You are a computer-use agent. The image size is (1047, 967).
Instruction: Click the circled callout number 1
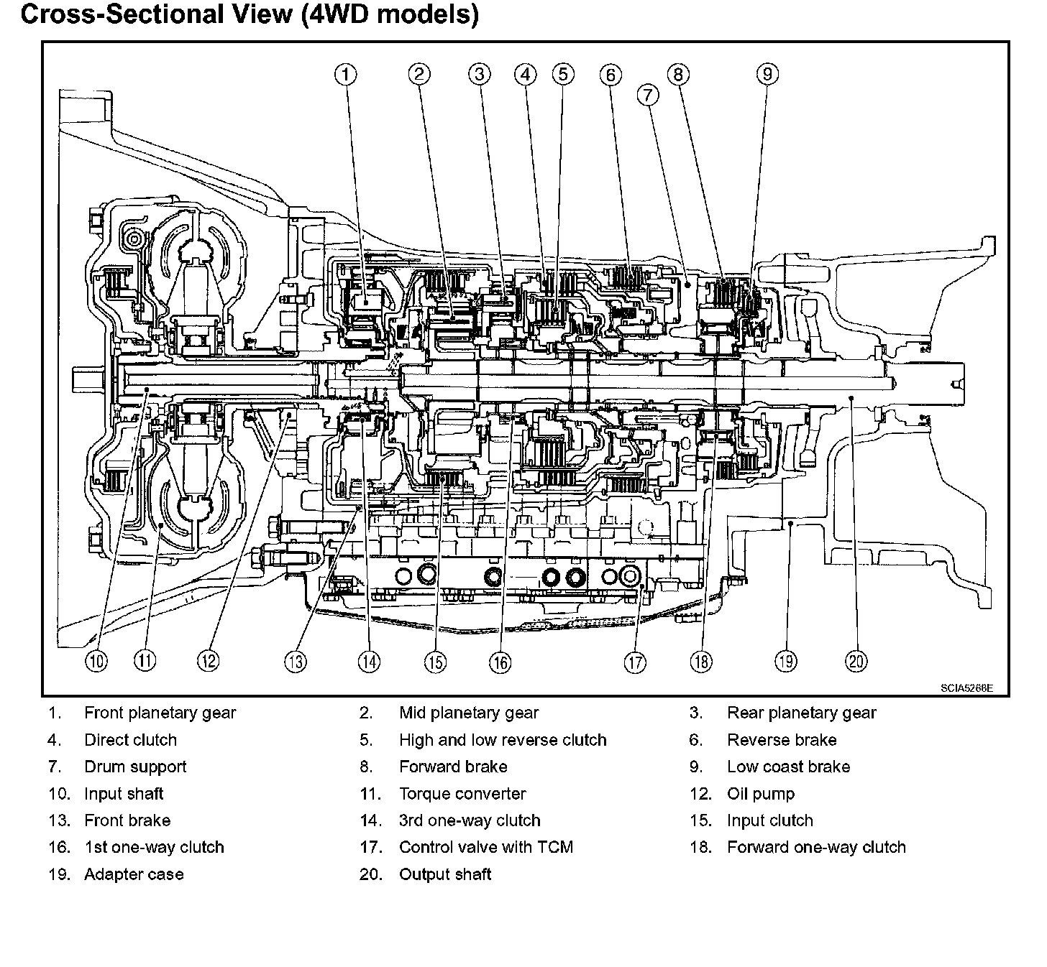pyautogui.click(x=346, y=74)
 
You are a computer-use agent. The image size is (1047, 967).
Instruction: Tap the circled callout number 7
pyautogui.click(x=647, y=95)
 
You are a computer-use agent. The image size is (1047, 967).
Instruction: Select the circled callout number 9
pyautogui.click(x=767, y=74)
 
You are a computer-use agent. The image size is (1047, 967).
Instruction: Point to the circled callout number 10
pyautogui.click(x=96, y=661)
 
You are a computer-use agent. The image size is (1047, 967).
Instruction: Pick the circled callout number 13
pyautogui.click(x=295, y=662)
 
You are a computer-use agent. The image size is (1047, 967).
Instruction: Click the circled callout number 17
pyautogui.click(x=635, y=662)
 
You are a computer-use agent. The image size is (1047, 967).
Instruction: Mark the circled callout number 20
pyautogui.click(x=856, y=661)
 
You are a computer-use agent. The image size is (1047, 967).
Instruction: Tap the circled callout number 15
pyautogui.click(x=434, y=662)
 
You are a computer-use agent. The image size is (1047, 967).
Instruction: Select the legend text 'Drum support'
pyautogui.click(x=135, y=767)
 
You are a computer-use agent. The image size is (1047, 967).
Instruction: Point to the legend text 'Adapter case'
pyautogui.click(x=134, y=875)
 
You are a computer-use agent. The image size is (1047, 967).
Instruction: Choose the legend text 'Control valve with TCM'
pyautogui.click(x=486, y=848)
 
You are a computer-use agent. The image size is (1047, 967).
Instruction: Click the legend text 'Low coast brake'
pyautogui.click(x=788, y=767)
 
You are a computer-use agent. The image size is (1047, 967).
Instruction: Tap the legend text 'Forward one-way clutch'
pyautogui.click(x=816, y=848)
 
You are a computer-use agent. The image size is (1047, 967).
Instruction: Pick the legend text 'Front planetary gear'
pyautogui.click(x=160, y=713)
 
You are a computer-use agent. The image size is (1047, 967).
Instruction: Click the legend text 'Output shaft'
pyautogui.click(x=445, y=875)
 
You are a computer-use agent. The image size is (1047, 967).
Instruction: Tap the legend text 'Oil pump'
pyautogui.click(x=761, y=794)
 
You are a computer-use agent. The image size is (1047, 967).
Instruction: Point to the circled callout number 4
pyautogui.click(x=526, y=74)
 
